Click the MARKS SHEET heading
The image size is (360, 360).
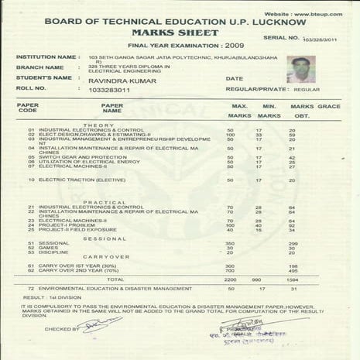[180, 33]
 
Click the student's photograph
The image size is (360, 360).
[297, 68]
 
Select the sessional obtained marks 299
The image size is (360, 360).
[292, 243]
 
